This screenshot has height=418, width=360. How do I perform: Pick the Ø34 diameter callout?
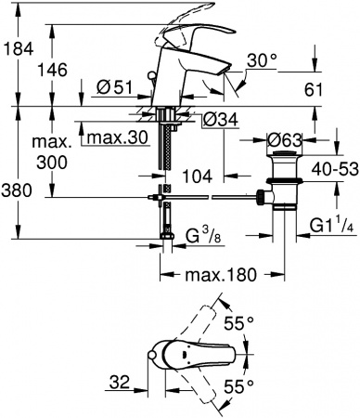tap(215, 119)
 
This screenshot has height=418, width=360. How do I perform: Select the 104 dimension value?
tap(199, 173)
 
